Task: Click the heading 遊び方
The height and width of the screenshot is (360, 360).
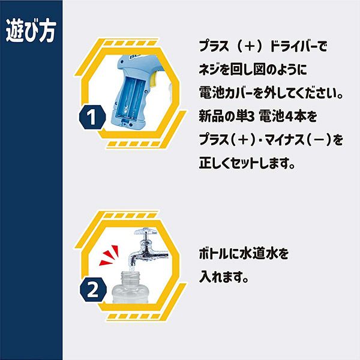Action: [x=31, y=31]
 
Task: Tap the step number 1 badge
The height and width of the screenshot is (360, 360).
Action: [x=92, y=118]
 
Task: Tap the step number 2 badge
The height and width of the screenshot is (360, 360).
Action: [x=93, y=290]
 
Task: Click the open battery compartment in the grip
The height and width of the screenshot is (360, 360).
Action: [x=130, y=97]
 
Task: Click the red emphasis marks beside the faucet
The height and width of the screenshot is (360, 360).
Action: [x=110, y=256]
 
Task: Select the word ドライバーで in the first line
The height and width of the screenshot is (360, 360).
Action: [x=298, y=46]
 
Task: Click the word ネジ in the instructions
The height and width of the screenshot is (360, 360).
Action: [x=209, y=70]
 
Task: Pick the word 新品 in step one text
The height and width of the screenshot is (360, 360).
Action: [x=211, y=116]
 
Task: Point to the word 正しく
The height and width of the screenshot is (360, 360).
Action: [x=214, y=163]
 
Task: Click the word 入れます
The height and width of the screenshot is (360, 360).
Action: [x=224, y=277]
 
